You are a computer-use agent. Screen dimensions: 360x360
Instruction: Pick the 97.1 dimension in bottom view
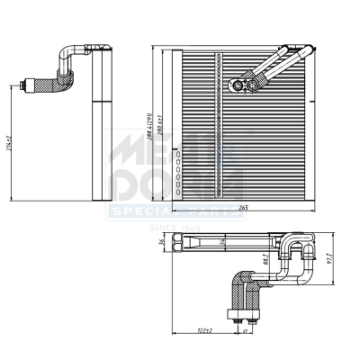(x=331, y=257)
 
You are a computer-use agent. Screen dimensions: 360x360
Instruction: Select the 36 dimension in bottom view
(x=162, y=241)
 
